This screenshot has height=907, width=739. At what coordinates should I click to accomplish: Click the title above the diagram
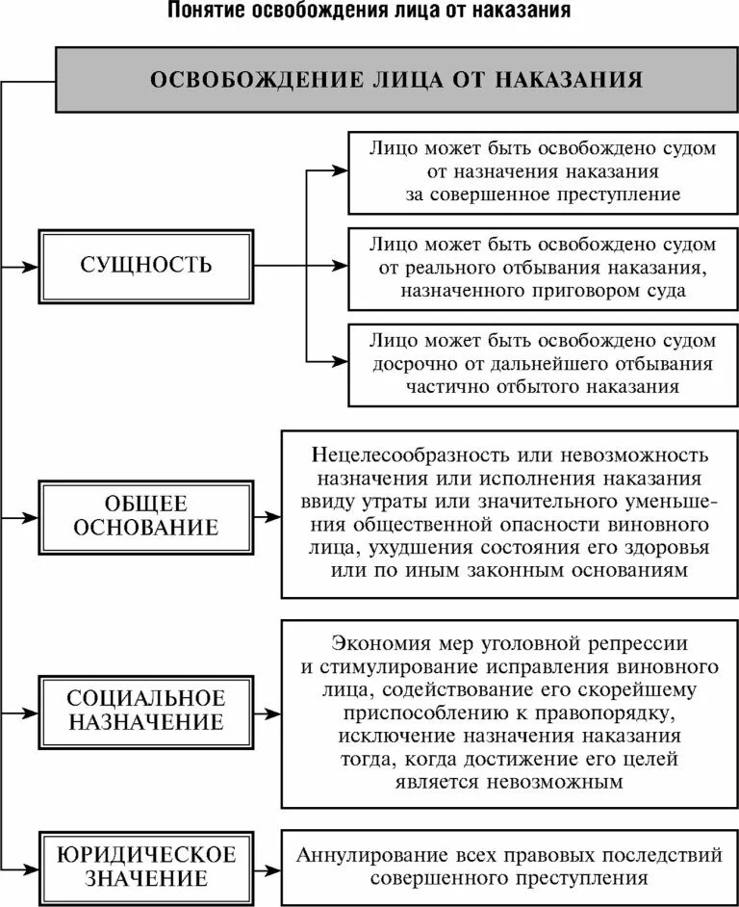pos(369,13)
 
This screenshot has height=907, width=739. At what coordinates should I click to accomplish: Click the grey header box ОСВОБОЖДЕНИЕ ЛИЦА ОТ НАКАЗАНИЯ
pos(395,78)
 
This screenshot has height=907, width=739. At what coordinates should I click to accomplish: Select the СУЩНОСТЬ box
pos(146,264)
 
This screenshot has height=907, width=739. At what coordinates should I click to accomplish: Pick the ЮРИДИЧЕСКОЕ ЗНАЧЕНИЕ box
pos(146,866)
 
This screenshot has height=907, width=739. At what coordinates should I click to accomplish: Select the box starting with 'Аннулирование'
pos(509,866)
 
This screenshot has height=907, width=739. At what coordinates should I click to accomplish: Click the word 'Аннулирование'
pos(369,855)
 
